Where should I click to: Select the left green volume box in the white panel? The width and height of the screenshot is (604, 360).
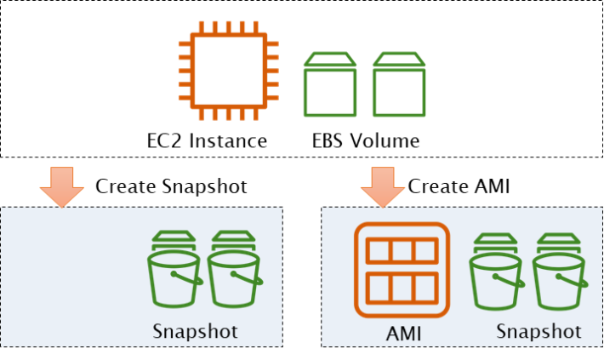coord(330,85)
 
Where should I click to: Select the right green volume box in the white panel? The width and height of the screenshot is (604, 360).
coord(399,85)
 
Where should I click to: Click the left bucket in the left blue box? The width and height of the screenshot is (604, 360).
coord(174,270)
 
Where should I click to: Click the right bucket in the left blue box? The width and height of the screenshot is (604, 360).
coord(233,270)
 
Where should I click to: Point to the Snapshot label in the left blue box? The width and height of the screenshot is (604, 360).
coord(195,330)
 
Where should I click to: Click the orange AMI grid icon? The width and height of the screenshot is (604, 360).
coord(402,270)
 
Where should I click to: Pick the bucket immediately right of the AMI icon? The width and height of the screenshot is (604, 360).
coord(496,271)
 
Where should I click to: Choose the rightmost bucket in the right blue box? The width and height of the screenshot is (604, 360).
coord(559,271)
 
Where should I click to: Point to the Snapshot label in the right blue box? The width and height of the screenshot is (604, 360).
coord(538,330)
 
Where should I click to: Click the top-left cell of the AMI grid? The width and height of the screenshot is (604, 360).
coord(379,252)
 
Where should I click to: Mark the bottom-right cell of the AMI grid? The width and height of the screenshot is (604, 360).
coord(425,287)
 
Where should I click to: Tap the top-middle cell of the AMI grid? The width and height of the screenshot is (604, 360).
coord(402,252)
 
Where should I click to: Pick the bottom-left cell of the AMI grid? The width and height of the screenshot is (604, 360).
coord(379,287)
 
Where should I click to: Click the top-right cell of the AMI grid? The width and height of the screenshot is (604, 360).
coord(425,252)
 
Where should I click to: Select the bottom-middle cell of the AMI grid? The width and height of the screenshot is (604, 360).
coord(402,287)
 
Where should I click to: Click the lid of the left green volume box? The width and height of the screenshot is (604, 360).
coord(330,59)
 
